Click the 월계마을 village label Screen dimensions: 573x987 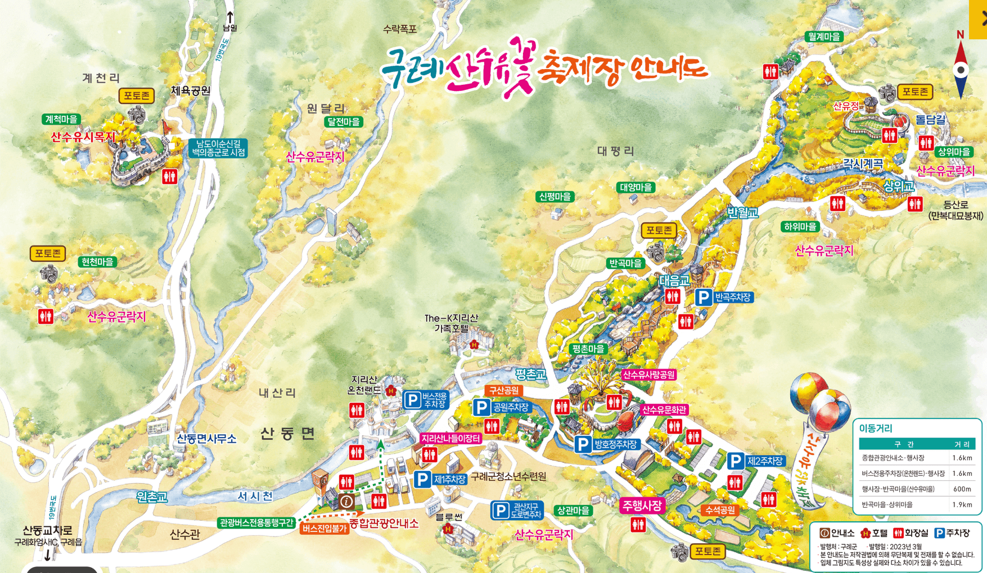click(824, 37)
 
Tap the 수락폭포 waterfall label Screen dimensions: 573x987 click(399, 29)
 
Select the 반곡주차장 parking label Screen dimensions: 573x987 click(733, 297)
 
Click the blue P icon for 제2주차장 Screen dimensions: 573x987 click(736, 461)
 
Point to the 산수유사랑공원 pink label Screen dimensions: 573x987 click(649, 375)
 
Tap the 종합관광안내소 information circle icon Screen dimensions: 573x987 click(347, 501)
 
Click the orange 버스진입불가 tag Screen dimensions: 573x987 click(325, 529)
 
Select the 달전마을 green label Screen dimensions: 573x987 click(344, 122)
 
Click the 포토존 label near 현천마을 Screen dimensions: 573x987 click(48, 253)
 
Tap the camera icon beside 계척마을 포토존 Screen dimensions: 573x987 click(137, 115)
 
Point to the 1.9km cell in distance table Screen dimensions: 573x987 click(962, 504)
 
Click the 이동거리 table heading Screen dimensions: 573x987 click(875, 429)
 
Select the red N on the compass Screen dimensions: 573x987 click(960, 35)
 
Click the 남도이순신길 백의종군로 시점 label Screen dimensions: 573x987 click(218, 148)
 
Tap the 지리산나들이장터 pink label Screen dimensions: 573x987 click(450, 438)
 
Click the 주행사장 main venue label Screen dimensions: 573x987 click(642, 506)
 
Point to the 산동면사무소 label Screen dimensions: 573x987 click(206, 439)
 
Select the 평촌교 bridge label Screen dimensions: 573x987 click(530, 374)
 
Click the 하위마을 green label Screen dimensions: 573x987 click(800, 227)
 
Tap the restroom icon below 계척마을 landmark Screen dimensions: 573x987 click(169, 176)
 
